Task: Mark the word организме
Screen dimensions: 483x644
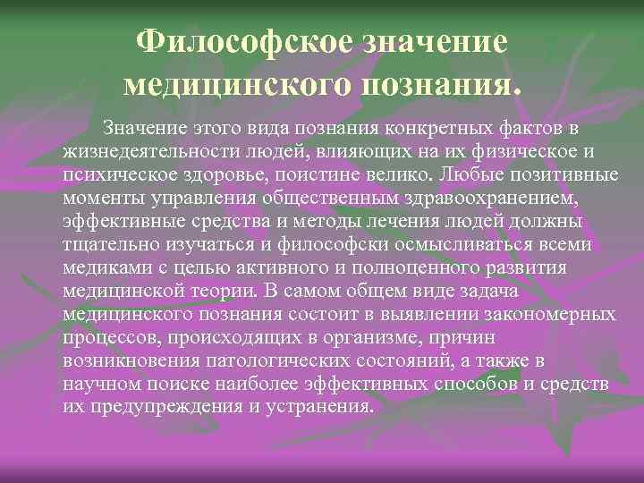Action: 349,337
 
